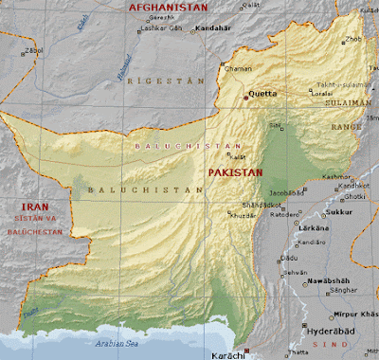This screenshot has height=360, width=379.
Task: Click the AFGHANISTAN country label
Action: tap(168, 8)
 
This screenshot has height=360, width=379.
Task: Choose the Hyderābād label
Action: tap(330, 334)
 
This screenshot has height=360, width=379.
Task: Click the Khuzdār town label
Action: tap(242, 217)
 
